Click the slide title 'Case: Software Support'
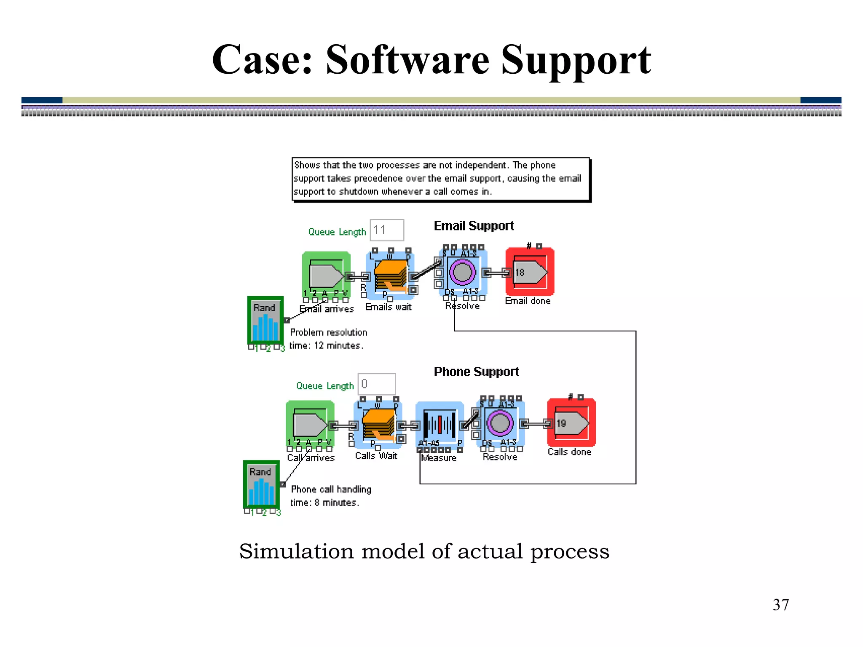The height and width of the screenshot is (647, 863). (431, 60)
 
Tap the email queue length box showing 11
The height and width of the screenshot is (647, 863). (386, 230)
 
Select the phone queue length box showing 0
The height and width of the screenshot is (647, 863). (376, 384)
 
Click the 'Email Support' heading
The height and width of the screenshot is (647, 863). (474, 226)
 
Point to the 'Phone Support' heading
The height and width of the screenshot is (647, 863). (476, 372)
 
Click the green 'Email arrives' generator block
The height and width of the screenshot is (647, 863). (326, 275)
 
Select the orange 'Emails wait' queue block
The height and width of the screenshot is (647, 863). (391, 275)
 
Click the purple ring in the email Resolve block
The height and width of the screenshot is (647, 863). (463, 272)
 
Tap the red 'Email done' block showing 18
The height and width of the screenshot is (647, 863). (530, 272)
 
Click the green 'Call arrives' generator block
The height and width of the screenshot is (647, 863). (310, 425)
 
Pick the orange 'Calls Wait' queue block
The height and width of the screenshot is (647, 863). (378, 425)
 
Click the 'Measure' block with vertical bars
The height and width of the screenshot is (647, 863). (440, 425)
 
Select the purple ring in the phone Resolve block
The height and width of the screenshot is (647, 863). (500, 423)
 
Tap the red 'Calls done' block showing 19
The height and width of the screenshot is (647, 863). (571, 423)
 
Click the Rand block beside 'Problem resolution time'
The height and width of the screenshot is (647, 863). (265, 321)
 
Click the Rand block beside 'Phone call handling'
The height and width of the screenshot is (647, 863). (261, 484)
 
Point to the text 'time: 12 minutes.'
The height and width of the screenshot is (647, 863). (326, 345)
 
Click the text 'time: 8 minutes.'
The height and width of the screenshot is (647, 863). (324, 503)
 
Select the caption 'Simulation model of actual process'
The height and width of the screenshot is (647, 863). (424, 551)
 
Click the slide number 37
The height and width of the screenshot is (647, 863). (780, 605)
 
